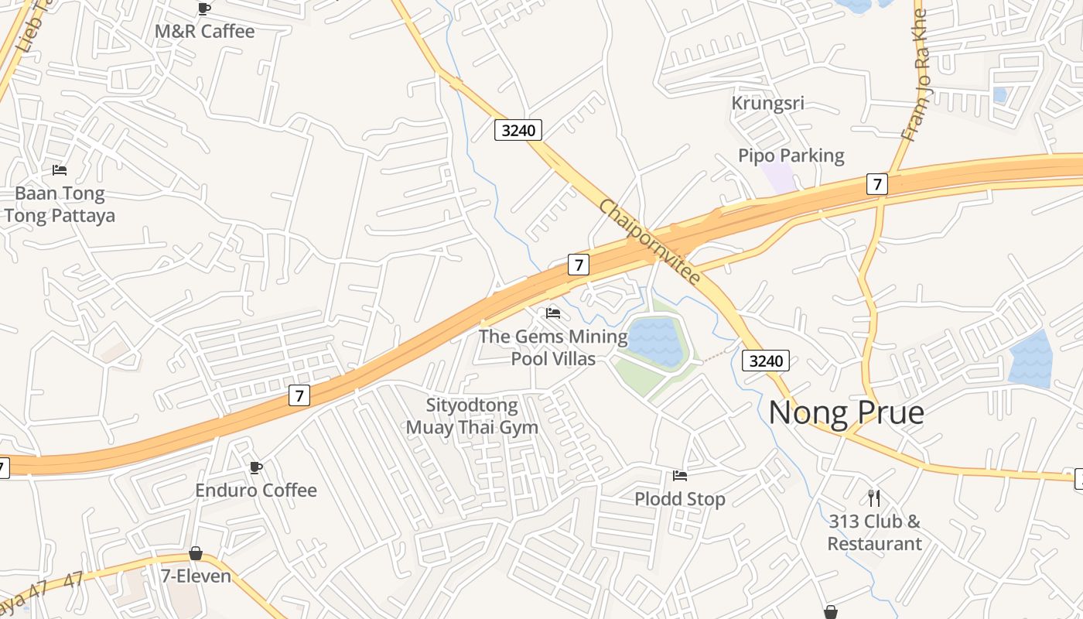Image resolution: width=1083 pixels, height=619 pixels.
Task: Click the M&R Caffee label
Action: pyautogui.click(x=204, y=32)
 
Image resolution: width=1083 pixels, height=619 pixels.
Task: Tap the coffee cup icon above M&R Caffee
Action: pyautogui.click(x=204, y=9)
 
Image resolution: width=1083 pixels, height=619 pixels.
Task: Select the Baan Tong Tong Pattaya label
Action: pyautogui.click(x=60, y=204)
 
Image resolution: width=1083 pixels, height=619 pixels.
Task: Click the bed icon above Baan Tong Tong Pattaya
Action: pyautogui.click(x=60, y=169)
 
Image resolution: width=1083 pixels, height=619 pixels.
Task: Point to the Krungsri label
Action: pyautogui.click(x=767, y=103)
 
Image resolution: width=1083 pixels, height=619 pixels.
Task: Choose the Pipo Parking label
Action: pyautogui.click(x=791, y=156)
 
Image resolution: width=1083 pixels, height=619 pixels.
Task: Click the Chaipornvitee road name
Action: pyautogui.click(x=650, y=243)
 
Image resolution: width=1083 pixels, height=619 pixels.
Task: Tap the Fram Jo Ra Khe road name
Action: pyautogui.click(x=914, y=74)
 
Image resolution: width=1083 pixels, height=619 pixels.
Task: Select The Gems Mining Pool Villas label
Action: pyautogui.click(x=553, y=347)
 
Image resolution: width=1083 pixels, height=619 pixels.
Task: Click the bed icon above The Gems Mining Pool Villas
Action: pyautogui.click(x=553, y=313)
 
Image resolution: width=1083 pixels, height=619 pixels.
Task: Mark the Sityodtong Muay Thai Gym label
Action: pyautogui.click(x=472, y=416)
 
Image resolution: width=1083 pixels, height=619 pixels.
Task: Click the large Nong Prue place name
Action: pyautogui.click(x=846, y=412)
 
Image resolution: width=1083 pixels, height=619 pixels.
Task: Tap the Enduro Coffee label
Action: pyautogui.click(x=256, y=491)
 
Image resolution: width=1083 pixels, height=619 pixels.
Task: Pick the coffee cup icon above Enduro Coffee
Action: pyautogui.click(x=256, y=467)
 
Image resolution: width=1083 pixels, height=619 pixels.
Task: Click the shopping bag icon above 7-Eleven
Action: pyautogui.click(x=196, y=553)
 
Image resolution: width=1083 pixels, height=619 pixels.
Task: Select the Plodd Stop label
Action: pyautogui.click(x=680, y=499)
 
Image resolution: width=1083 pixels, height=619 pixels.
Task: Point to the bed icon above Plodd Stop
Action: pyautogui.click(x=680, y=475)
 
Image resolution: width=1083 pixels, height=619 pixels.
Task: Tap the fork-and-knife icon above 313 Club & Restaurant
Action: pyautogui.click(x=874, y=498)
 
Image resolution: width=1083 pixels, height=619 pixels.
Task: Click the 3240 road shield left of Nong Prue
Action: pyautogui.click(x=766, y=360)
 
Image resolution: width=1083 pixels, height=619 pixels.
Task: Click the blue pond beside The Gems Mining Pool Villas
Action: pyautogui.click(x=656, y=341)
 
